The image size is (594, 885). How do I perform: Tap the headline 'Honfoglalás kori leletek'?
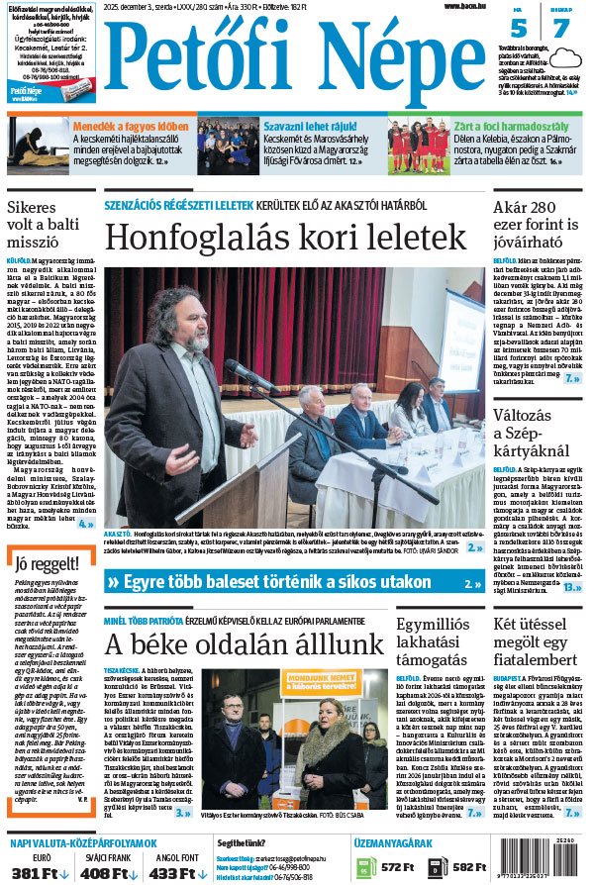coord(285,237)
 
